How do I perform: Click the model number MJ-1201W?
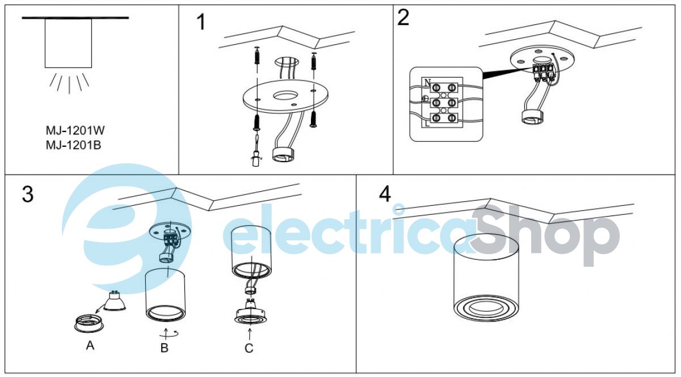[x=75, y=130]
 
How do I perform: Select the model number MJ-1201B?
[x=73, y=145]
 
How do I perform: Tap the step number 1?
[x=201, y=22]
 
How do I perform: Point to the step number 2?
[x=403, y=18]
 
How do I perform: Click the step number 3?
[x=28, y=194]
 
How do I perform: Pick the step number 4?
[x=385, y=194]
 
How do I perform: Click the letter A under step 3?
[x=90, y=345]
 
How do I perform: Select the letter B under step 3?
[x=164, y=348]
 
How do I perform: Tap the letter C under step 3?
[x=249, y=348]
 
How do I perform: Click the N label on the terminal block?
[x=427, y=82]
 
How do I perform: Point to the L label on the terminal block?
[x=427, y=124]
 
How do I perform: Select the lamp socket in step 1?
[x=284, y=155]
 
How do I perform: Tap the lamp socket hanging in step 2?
[x=533, y=117]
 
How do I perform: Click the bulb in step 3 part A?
[x=115, y=300]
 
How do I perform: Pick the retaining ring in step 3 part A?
[x=89, y=324]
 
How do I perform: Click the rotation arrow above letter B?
[x=169, y=334]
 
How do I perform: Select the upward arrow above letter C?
[x=250, y=334]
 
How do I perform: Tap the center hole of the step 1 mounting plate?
[x=285, y=96]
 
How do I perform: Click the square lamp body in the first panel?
[x=69, y=44]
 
